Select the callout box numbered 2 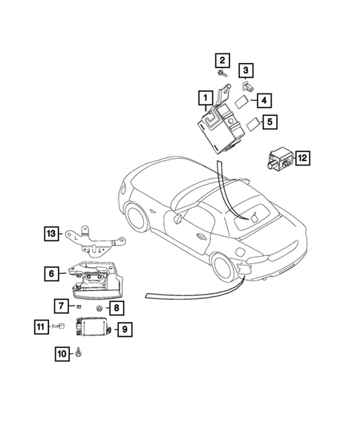click(x=221, y=59)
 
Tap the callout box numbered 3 click(x=246, y=70)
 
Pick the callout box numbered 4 click(x=264, y=99)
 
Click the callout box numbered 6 click(x=51, y=274)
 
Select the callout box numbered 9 click(x=125, y=327)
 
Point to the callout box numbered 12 click(x=303, y=157)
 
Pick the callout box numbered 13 click(x=50, y=234)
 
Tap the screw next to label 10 click(x=79, y=355)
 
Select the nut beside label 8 click(x=99, y=307)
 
